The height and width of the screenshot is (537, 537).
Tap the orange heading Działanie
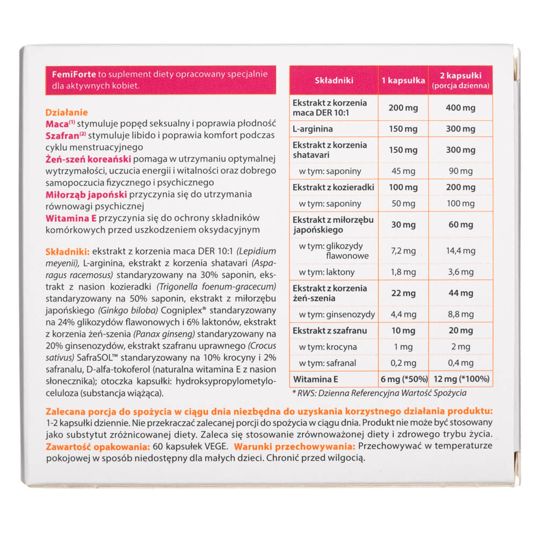coord(66,113)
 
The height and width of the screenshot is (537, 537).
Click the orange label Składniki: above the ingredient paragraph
coord(68,251)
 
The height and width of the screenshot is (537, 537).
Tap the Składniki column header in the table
coord(333,80)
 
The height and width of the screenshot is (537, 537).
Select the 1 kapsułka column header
coord(403,80)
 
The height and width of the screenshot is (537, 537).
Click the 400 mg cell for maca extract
coord(460,108)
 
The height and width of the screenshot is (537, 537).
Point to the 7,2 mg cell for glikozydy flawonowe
coord(403,251)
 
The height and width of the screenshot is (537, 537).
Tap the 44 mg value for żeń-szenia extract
coord(460,293)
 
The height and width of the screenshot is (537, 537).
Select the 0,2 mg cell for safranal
coord(403,364)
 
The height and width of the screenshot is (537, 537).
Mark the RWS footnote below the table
coord(380,394)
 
